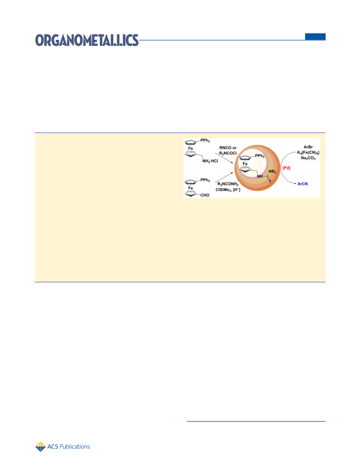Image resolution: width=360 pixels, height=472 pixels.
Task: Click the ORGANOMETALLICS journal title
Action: coord(87,40)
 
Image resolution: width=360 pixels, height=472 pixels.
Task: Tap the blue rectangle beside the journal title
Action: coord(315,36)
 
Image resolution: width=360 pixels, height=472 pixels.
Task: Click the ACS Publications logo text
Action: coord(69,446)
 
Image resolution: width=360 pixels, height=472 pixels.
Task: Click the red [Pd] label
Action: coord(287,168)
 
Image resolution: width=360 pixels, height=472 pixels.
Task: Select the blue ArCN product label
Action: coord(303,183)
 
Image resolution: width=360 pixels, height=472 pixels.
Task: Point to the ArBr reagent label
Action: coord(308,147)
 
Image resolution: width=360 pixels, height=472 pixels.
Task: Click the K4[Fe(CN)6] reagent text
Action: coord(308,153)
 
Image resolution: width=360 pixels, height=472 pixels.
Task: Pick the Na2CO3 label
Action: coord(308,158)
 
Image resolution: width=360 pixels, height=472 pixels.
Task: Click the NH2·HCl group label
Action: coord(210,161)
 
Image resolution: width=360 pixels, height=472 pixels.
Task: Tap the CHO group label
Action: coord(205,195)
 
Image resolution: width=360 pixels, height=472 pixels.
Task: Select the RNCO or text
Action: coord(228,148)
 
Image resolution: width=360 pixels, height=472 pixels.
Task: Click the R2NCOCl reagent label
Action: coord(228,153)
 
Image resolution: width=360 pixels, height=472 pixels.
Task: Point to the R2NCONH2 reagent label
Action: coord(228,184)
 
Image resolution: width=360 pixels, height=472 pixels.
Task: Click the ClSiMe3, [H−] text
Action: coord(228,189)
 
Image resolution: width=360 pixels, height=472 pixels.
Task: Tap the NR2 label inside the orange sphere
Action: coord(272,172)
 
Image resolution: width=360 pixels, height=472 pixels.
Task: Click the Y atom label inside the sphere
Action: coord(270,181)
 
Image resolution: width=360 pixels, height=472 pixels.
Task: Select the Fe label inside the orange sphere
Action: coord(245,164)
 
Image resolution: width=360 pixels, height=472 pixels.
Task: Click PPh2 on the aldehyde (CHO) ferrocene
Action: coord(205,180)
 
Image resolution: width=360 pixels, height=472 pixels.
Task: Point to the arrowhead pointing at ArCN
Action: coord(296,183)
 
